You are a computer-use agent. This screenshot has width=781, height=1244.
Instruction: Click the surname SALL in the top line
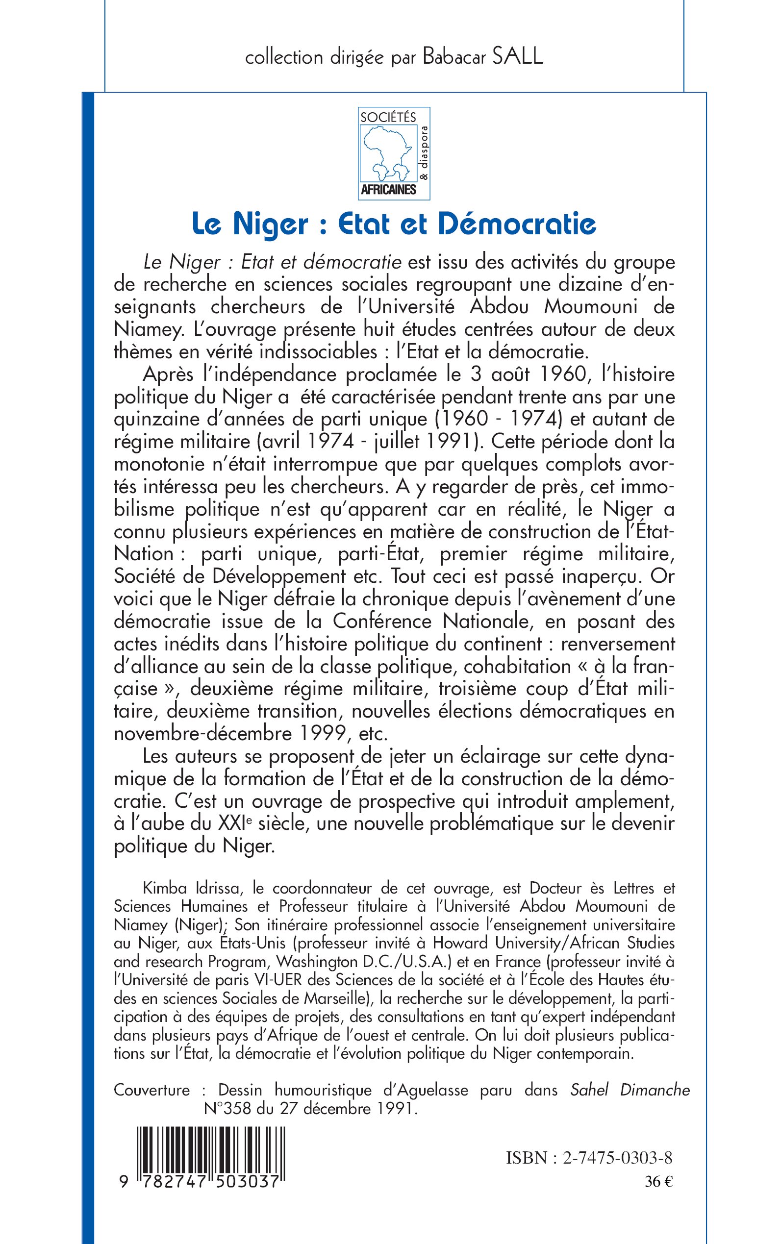point(517,57)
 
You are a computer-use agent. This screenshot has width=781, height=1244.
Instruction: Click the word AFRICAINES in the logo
point(388,190)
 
